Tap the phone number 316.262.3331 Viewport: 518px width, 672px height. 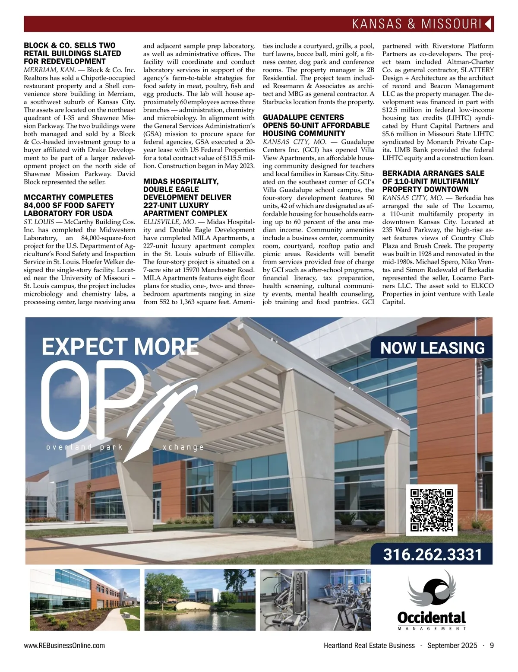point(432,554)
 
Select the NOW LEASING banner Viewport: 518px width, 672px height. point(432,348)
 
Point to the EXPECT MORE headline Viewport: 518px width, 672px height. point(120,347)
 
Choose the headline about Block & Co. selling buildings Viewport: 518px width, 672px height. point(72,54)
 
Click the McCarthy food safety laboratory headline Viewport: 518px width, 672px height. point(69,205)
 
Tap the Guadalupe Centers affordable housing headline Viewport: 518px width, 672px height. point(316,125)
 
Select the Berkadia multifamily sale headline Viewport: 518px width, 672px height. point(433,182)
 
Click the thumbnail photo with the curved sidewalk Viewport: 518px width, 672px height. point(85,600)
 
